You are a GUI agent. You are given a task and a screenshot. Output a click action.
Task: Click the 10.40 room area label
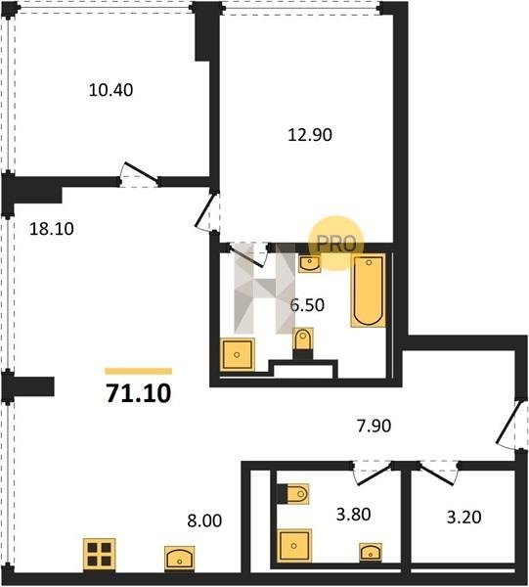click(110, 90)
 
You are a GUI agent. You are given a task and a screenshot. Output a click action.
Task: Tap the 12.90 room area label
click(310, 135)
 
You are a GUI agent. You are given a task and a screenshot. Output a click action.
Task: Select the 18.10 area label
click(52, 229)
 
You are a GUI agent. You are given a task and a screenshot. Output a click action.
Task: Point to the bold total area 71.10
click(139, 393)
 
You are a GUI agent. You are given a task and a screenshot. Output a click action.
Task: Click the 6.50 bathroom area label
click(307, 305)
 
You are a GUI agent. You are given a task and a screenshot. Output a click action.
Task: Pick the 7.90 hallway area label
click(374, 426)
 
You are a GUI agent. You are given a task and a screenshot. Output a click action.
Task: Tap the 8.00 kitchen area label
click(204, 520)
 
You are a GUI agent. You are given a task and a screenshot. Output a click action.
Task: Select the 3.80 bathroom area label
click(354, 515)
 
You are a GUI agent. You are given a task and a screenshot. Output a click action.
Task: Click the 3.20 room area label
click(463, 518)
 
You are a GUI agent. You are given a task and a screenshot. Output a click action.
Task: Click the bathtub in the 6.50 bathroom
click(369, 291)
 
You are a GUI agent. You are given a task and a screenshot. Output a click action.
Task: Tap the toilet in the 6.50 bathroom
click(303, 341)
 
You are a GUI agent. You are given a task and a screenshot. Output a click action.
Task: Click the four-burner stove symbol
click(99, 555)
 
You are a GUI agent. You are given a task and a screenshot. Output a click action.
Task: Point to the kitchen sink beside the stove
click(180, 558)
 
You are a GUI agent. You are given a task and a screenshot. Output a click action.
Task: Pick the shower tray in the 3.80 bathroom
click(294, 546)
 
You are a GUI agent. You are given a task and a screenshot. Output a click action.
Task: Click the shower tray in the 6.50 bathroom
click(238, 355)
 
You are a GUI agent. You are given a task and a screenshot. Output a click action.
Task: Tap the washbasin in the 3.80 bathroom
click(371, 552)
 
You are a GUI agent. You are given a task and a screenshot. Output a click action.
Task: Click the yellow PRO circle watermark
click(335, 244)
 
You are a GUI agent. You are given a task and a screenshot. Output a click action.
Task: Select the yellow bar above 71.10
click(139, 372)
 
